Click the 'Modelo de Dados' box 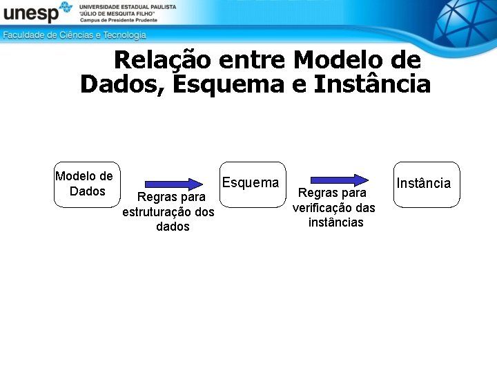pyautogui.click(x=86, y=184)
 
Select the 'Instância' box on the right pyautogui.click(x=426, y=184)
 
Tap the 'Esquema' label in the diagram pyautogui.click(x=250, y=182)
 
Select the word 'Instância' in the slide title pyautogui.click(x=372, y=84)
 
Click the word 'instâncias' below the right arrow pyautogui.click(x=335, y=222)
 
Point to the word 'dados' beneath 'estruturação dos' pyautogui.click(x=173, y=227)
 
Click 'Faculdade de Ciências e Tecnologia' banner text pyautogui.click(x=75, y=35)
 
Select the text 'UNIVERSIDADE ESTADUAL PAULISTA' pyautogui.click(x=128, y=6)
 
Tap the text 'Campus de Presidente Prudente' pyautogui.click(x=118, y=20)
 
